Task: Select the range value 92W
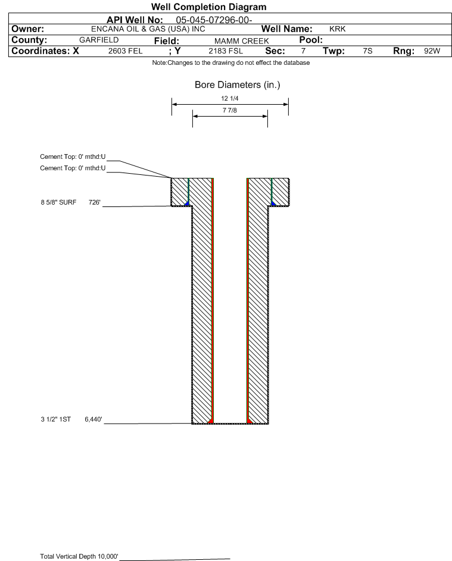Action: coord(432,51)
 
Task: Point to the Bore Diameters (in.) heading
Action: coord(237,85)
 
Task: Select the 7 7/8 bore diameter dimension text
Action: coord(229,111)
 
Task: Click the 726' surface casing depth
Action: coord(95,202)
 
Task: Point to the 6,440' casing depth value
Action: coord(93,420)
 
